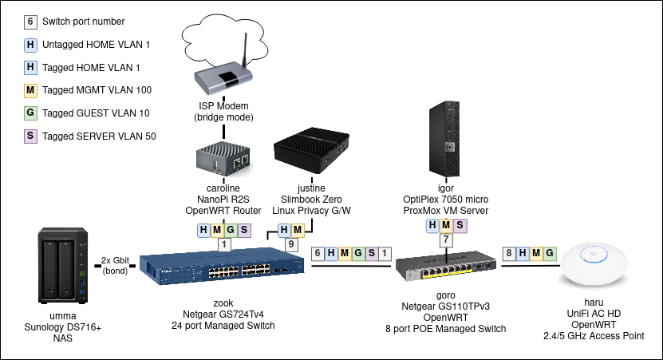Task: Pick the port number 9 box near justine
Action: (x=293, y=244)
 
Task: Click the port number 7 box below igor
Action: (x=446, y=239)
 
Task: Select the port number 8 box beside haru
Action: (x=508, y=254)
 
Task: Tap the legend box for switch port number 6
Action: (x=30, y=22)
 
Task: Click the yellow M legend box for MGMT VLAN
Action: (x=30, y=90)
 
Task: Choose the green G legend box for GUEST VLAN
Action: (x=30, y=113)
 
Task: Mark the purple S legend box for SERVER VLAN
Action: (x=30, y=136)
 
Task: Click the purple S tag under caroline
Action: (x=243, y=231)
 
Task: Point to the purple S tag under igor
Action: (x=460, y=225)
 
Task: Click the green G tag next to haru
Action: (x=549, y=254)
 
